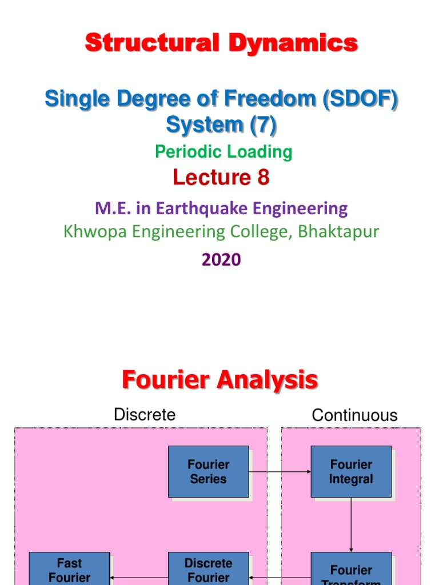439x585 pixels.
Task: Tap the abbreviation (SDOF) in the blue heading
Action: (360, 99)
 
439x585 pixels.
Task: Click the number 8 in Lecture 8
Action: (263, 178)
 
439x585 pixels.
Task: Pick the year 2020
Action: (221, 260)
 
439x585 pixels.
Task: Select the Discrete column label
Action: (145, 415)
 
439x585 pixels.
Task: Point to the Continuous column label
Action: (354, 415)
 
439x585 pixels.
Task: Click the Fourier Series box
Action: (209, 471)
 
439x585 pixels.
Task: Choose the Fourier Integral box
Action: (351, 471)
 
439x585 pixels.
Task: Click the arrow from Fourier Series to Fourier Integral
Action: (280, 472)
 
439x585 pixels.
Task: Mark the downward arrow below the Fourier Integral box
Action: (351, 524)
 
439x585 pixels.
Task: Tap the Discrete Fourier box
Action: (209, 569)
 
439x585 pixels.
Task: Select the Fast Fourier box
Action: (69, 569)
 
